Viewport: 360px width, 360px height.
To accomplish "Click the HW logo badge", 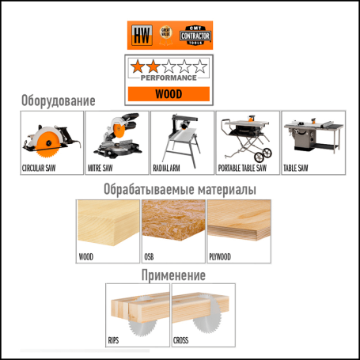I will click(x=141, y=35).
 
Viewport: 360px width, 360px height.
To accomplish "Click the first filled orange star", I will click(x=138, y=66).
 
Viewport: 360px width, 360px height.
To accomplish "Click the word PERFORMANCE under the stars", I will click(x=168, y=79).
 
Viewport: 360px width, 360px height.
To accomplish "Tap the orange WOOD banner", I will click(x=168, y=93).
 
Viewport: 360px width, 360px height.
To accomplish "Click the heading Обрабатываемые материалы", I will click(x=180, y=190).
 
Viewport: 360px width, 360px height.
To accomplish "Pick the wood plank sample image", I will click(x=107, y=225).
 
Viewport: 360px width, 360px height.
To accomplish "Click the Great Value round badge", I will click(x=166, y=35).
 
